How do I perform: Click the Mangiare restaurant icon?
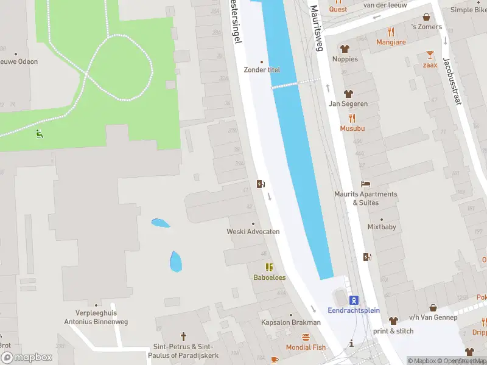391,32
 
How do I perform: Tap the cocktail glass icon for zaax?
430,55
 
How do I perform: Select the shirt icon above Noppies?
345,49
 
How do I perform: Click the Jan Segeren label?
348,104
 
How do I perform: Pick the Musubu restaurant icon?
352,119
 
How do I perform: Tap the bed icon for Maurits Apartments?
365,184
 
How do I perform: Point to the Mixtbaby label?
382,227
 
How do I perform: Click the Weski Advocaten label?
253,232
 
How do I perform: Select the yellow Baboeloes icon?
269,267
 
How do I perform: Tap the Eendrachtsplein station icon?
354,299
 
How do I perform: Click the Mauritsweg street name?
317,28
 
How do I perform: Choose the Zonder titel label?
262,70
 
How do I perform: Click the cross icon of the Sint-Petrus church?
183,336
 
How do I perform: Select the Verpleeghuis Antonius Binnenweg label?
91,317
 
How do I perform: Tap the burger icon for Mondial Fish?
306,336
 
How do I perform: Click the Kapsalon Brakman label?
290,322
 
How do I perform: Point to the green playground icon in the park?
40,133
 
